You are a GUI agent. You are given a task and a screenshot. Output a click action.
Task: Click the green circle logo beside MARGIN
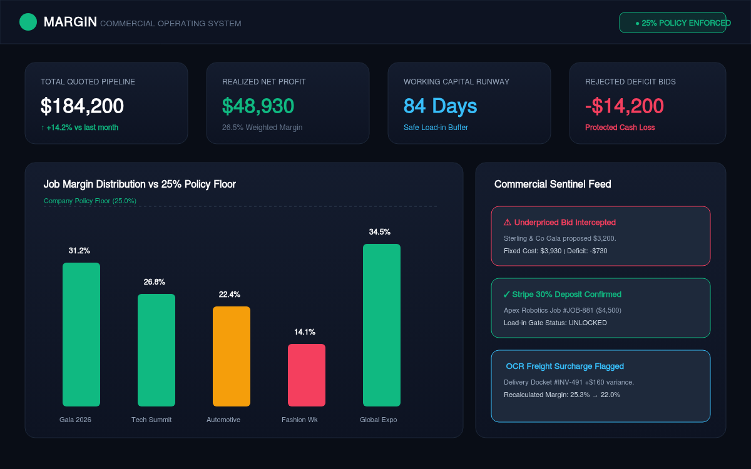click(x=28, y=22)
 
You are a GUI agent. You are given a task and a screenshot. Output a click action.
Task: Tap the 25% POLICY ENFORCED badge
click(x=673, y=23)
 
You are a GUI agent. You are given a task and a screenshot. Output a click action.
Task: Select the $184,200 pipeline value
click(x=82, y=106)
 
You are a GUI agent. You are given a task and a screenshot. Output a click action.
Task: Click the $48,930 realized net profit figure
click(x=258, y=106)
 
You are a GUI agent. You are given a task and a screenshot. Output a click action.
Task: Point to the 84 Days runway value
click(x=440, y=106)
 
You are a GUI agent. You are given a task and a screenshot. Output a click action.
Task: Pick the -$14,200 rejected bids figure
click(x=625, y=106)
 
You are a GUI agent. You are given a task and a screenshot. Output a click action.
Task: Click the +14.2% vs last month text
click(x=80, y=128)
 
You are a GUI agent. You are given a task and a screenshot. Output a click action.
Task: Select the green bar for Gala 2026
click(x=81, y=335)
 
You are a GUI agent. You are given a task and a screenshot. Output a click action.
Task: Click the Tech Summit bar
click(x=156, y=350)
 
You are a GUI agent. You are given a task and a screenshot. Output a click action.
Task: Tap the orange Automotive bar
click(x=232, y=356)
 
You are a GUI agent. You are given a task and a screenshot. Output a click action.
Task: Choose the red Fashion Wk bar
click(x=307, y=375)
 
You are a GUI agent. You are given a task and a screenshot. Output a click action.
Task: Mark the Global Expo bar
click(x=382, y=325)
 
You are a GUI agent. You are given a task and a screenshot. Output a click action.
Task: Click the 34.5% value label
click(x=379, y=232)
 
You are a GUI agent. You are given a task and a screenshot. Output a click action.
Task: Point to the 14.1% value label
click(x=305, y=332)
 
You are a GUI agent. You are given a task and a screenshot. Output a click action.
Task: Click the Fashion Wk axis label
click(x=299, y=420)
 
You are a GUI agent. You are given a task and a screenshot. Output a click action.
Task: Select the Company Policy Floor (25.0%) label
click(x=90, y=201)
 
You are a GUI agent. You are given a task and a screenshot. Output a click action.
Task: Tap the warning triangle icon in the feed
click(x=508, y=222)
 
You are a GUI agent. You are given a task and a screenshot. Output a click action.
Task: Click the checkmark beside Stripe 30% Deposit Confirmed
click(x=506, y=295)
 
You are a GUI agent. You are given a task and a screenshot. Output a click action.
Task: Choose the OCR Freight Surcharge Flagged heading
click(x=565, y=366)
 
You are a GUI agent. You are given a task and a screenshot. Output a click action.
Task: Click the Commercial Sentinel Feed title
click(x=553, y=184)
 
